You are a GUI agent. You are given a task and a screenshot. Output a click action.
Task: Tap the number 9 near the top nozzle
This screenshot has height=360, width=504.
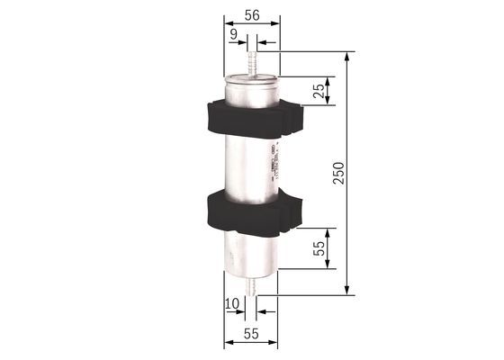pos(233,34)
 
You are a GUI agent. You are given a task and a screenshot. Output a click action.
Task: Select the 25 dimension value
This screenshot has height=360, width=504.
pos(317,91)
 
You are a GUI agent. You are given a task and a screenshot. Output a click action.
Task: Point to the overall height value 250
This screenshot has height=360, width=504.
pos(338,173)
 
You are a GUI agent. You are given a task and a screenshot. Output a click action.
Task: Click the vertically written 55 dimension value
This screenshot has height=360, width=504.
pos(317,249)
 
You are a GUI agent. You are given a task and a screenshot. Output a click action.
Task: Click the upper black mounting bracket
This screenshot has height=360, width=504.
pos(252,117)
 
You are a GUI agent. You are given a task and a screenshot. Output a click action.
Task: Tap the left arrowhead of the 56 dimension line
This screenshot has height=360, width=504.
pos(226,27)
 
